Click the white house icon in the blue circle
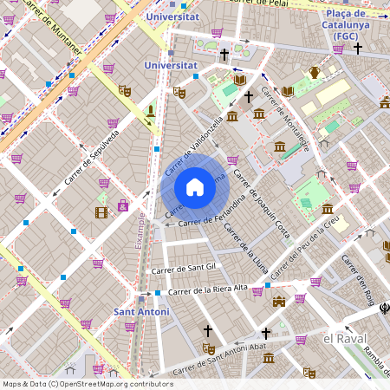[195, 187]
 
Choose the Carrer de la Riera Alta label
[207, 289]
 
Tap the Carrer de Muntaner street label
[55, 29]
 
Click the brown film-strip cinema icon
[102, 211]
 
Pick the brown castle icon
[278, 302]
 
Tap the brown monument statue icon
[151, 111]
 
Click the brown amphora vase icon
[315, 72]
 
